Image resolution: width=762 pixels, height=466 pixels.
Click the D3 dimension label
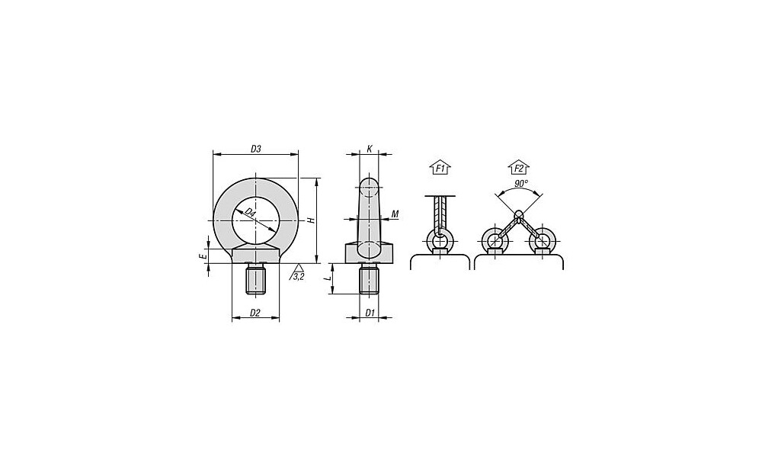256,149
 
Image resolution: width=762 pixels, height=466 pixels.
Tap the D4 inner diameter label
250,213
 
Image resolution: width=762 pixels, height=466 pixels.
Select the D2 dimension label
255,313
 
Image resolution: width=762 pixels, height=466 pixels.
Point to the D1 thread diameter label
370,313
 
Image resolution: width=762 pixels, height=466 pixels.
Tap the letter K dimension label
370,149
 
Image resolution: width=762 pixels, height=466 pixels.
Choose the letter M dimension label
395,214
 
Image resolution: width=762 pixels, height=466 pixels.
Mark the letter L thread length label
328,278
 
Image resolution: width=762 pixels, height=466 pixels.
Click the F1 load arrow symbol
440,169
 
